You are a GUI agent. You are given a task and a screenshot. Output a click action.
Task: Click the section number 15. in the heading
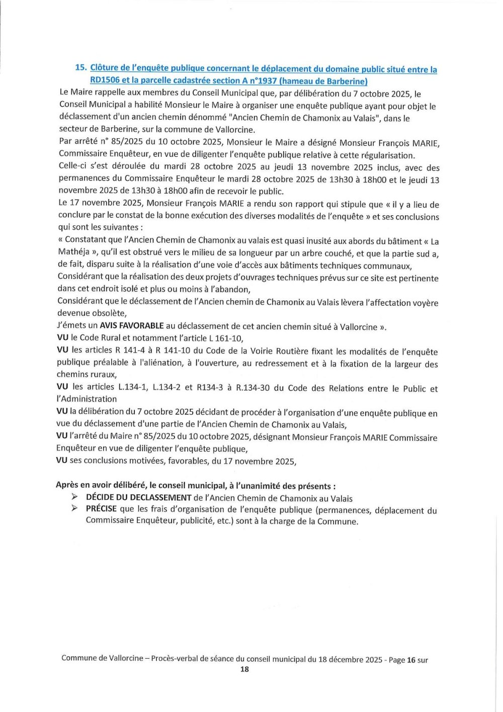(x=80, y=67)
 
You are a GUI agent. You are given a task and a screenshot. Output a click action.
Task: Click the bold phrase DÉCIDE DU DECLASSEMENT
(x=139, y=498)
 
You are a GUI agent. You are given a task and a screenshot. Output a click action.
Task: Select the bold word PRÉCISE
(x=101, y=509)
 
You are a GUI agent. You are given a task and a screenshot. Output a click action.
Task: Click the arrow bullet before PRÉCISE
(x=74, y=508)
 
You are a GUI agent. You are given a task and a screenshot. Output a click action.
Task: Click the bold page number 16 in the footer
(x=411, y=660)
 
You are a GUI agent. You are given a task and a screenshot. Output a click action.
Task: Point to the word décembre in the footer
(x=348, y=659)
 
